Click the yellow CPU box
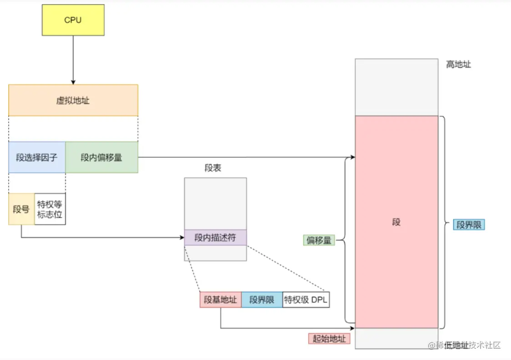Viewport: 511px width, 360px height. pos(73,20)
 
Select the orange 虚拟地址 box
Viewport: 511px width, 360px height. pos(73,100)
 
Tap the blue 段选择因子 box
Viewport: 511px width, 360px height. pos(37,157)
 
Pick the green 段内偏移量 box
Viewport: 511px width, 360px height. pos(101,157)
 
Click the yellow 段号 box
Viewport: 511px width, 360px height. pos(21,209)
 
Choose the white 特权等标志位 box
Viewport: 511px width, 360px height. pos(50,209)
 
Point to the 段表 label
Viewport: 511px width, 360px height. pos(213,168)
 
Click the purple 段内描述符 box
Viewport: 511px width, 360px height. pos(215,237)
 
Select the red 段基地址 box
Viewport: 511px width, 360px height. pos(220,300)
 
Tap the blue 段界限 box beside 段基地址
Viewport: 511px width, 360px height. pos(261,300)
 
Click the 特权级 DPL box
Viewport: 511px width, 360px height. pos(306,300)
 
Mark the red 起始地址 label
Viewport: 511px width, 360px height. pos(330,339)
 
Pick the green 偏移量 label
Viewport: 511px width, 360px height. pos(319,240)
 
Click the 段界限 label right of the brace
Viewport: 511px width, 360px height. pos(469,225)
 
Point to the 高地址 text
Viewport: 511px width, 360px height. pos(458,65)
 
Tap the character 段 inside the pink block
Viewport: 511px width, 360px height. pos(396,222)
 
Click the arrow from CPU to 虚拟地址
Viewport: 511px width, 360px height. pos(73,59)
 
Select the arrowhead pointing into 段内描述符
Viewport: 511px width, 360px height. pos(181,237)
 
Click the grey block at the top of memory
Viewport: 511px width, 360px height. pos(396,87)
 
